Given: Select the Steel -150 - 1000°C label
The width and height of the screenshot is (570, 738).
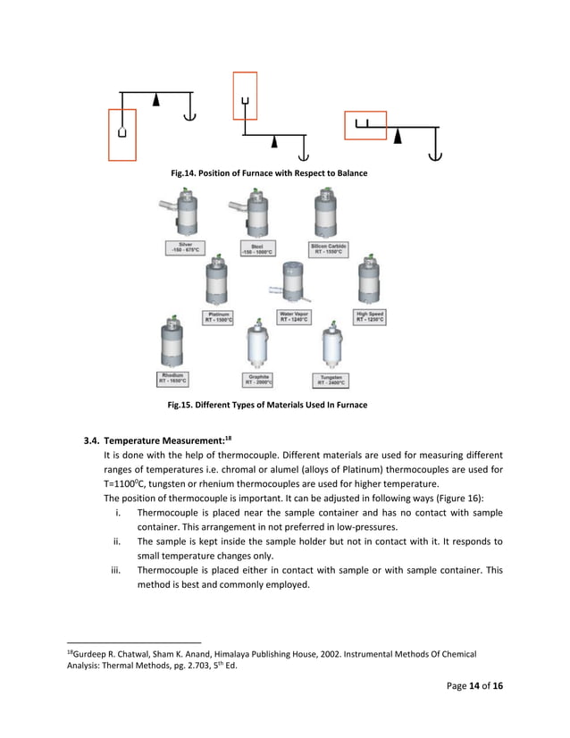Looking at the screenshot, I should (256, 247).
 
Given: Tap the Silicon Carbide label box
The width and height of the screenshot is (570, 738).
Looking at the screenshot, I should (328, 247).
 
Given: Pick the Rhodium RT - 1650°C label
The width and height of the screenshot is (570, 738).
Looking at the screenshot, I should (174, 377).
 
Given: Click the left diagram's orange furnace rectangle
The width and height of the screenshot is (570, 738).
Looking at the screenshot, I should (122, 134).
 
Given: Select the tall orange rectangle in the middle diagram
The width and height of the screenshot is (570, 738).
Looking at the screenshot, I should (245, 96).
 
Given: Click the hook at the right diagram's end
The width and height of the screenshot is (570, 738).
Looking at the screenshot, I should (435, 155).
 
